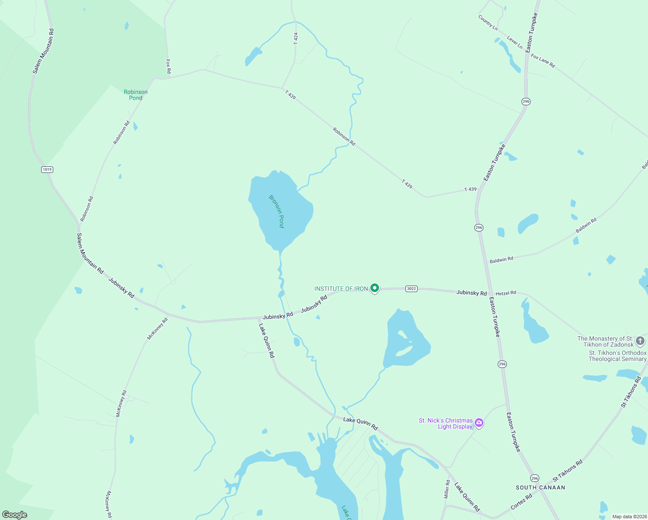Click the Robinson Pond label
click(136, 95)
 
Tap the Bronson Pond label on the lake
click(276, 211)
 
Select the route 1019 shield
click(47, 169)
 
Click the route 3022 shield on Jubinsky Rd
click(411, 289)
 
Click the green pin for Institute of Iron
click(375, 288)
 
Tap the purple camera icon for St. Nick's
click(479, 423)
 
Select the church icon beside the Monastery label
click(640, 341)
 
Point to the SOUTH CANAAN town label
click(540, 487)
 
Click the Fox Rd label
click(168, 66)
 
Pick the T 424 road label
click(296, 39)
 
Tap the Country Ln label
click(488, 23)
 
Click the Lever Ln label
click(515, 42)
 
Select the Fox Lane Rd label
click(543, 61)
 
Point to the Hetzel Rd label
click(505, 293)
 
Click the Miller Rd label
click(447, 489)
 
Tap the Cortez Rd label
click(521, 502)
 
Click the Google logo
click(15, 515)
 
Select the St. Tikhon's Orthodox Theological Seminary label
click(617, 356)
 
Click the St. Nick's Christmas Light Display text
click(446, 423)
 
